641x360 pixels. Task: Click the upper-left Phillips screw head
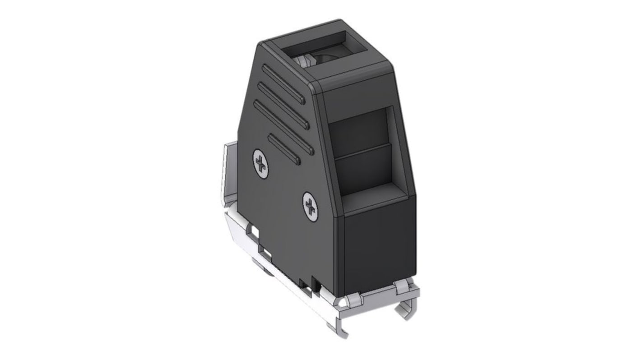tap(260, 163)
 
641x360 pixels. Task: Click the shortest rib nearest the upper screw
tap(283, 148)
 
